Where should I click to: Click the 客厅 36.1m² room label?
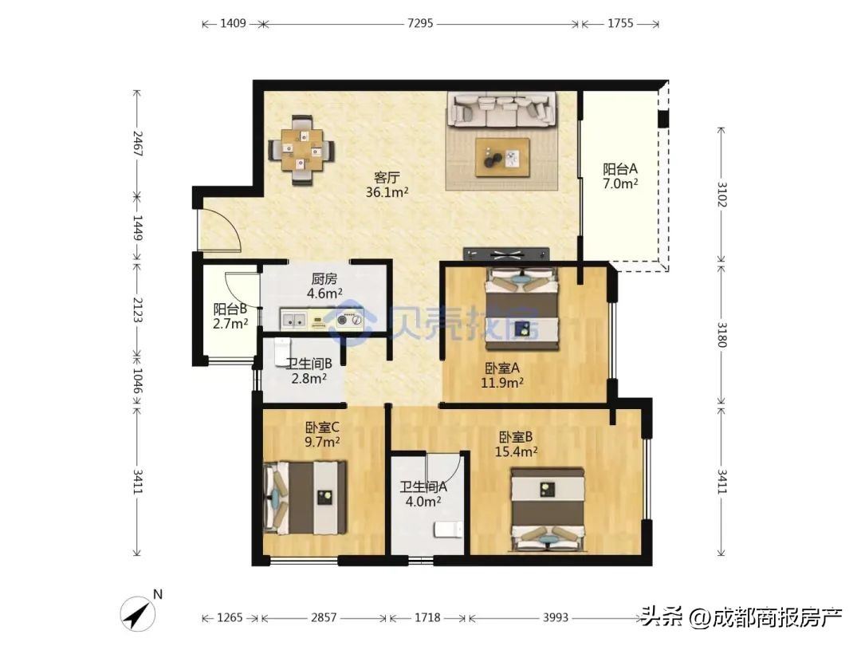[x=387, y=184]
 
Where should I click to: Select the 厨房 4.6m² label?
[x=324, y=286]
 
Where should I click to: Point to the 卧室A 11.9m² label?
[x=503, y=375]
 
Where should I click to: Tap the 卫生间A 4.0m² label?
[x=423, y=494]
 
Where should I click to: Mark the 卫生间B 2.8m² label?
[x=309, y=371]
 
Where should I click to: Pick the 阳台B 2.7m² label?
[x=230, y=316]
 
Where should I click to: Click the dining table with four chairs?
[x=301, y=150]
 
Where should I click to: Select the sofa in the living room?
[x=501, y=110]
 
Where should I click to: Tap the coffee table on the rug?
[x=502, y=157]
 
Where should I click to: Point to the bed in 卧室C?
[x=305, y=498]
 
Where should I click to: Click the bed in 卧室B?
[x=548, y=509]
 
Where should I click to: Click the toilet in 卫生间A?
[x=446, y=530]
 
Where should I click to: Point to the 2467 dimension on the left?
[x=137, y=145]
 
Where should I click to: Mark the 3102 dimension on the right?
[x=721, y=195]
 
